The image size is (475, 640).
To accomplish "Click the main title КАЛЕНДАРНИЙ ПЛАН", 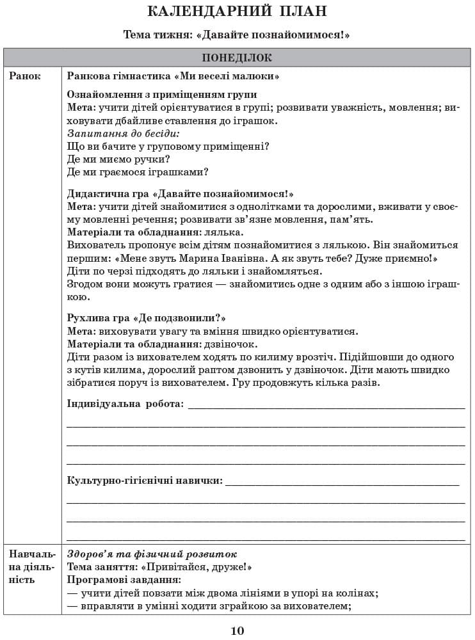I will point(237,12).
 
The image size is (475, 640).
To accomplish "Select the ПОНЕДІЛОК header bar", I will point(237,58).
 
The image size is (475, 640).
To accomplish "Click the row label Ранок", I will point(25,76).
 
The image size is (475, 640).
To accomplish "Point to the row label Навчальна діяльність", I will point(30,566).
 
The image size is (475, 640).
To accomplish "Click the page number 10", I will point(237,631).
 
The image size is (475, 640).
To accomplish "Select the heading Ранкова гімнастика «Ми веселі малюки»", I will point(173,76).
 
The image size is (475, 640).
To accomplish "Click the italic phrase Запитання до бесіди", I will point(124,133).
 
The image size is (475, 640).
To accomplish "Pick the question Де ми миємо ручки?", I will point(118,159).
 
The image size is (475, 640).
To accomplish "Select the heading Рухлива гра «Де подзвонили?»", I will point(147,318).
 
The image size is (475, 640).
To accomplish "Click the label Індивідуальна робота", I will point(125,404).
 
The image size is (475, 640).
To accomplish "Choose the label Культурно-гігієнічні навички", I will point(145,480).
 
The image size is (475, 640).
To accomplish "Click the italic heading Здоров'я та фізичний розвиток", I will point(152,554).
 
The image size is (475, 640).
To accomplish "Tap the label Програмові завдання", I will point(124,579).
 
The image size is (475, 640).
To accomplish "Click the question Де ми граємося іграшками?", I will point(138,172).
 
